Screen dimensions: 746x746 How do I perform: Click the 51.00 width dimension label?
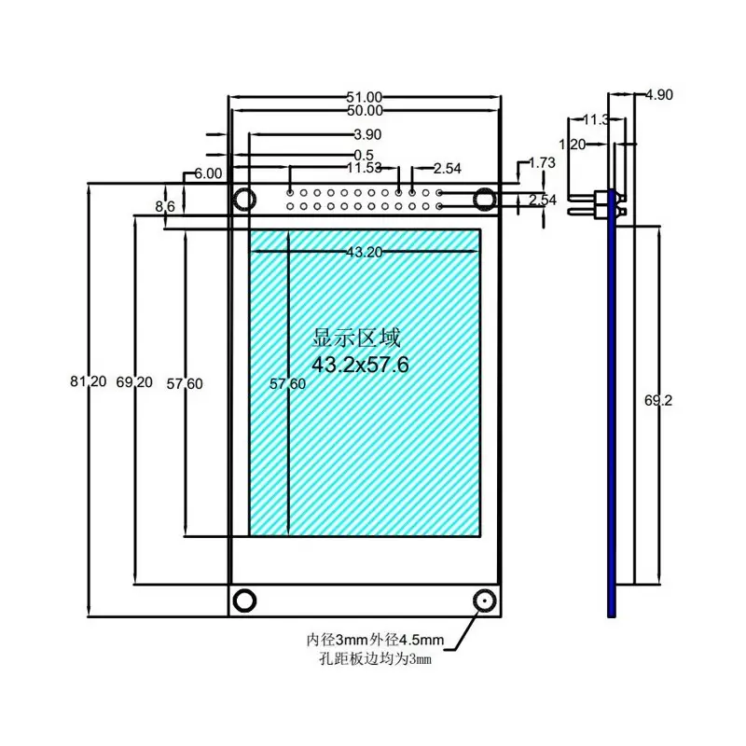365,96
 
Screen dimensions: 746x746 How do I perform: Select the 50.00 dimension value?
365,111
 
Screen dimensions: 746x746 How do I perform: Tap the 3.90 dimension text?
368,134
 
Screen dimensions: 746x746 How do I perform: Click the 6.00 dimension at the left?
208,173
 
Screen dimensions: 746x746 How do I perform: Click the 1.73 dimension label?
542,163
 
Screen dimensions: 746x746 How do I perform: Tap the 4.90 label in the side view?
658,94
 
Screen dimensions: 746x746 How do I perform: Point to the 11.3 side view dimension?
596,119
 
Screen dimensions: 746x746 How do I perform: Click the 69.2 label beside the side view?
658,400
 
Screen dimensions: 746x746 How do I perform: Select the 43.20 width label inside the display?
364,252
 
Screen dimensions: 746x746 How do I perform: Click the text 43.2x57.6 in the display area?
360,364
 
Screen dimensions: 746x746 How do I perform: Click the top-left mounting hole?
245,199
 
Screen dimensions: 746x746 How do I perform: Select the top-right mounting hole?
485,199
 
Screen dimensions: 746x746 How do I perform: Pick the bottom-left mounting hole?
245,600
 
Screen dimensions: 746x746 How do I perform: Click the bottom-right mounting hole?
485,600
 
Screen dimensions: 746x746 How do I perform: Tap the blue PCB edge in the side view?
612,420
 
